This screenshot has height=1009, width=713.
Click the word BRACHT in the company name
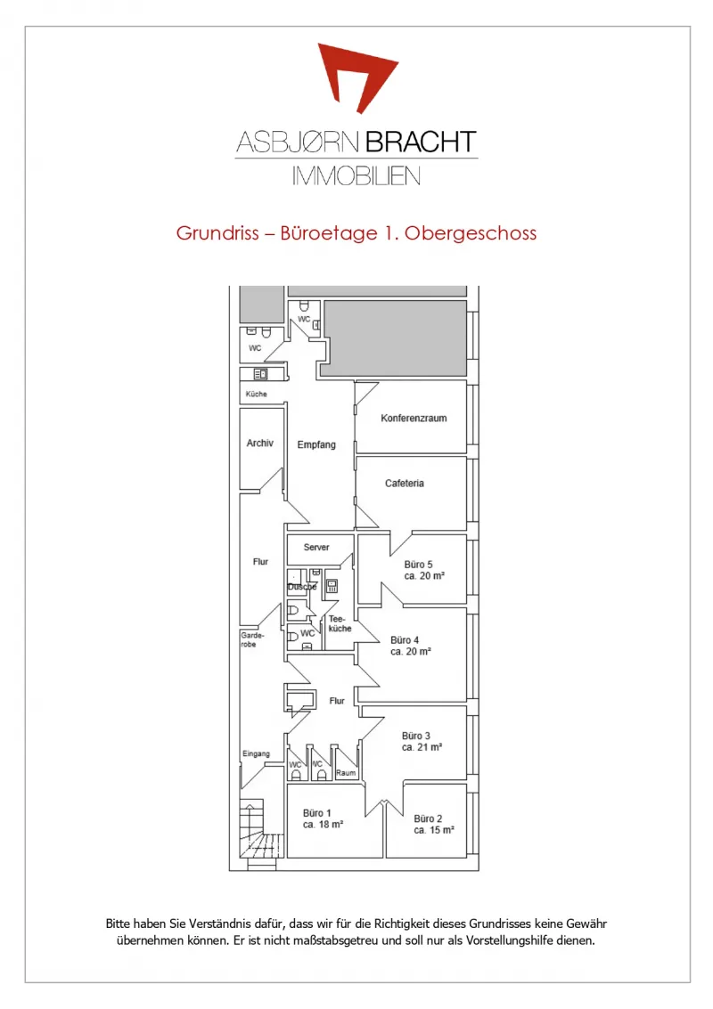click(422, 142)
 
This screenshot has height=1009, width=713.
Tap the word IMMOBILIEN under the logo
click(356, 175)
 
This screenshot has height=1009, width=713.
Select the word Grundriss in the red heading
click(217, 233)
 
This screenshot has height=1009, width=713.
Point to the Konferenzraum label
click(414, 419)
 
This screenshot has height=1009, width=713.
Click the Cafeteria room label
click(405, 484)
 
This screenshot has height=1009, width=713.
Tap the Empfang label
click(316, 444)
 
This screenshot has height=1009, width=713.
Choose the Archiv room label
click(259, 443)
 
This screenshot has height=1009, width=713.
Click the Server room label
click(316, 547)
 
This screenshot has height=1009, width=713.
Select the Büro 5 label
click(418, 565)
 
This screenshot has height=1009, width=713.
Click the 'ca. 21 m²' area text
click(422, 747)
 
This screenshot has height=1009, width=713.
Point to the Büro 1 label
click(317, 813)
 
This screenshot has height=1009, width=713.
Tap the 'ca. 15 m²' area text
click(433, 830)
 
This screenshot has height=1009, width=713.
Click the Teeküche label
click(340, 623)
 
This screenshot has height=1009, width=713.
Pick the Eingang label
click(256, 753)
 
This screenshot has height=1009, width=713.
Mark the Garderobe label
click(252, 639)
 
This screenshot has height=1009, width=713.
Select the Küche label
click(256, 394)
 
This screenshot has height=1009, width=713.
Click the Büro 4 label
click(405, 640)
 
